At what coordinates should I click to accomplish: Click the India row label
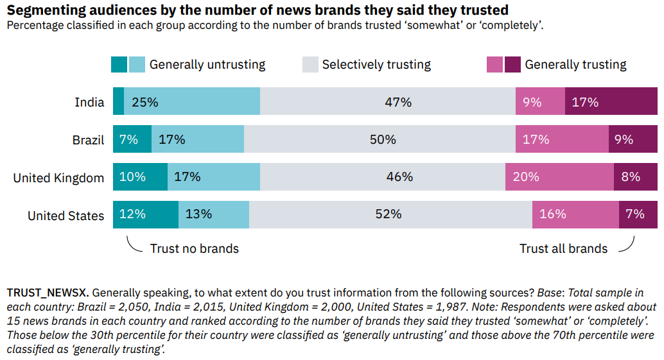coord(89,102)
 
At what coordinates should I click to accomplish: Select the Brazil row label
coord(88,140)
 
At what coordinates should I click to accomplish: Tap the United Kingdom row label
coord(58,178)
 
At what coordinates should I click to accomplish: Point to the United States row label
coord(66,216)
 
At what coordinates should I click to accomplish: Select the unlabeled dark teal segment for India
coord(118,102)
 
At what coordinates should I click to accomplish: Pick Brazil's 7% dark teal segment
coord(132,139)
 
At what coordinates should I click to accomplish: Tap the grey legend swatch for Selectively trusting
coord(310,64)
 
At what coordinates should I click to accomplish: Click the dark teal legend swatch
coord(119,64)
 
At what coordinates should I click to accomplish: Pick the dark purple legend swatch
coord(512,64)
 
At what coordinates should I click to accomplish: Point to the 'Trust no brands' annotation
coord(194,249)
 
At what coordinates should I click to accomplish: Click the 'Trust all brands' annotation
coord(563,249)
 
